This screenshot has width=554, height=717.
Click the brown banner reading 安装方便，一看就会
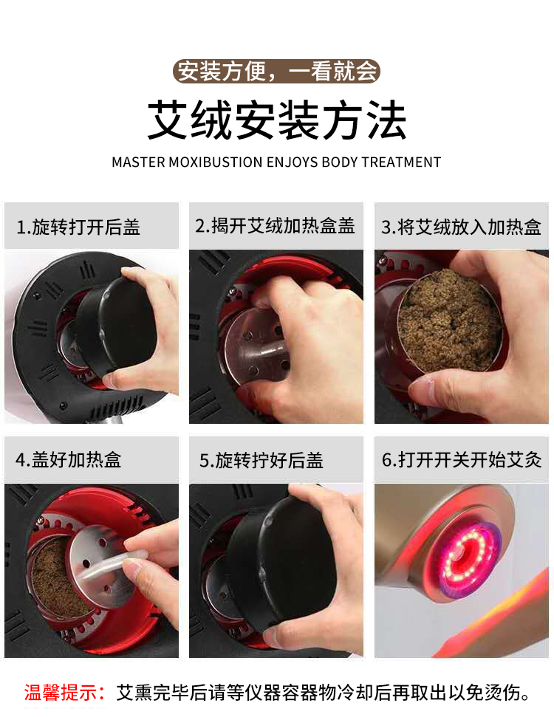(x=276, y=72)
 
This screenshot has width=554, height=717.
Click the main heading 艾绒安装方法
(x=277, y=120)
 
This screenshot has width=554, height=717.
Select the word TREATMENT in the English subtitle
(x=401, y=162)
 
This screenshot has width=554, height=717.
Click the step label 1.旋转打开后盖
(x=78, y=227)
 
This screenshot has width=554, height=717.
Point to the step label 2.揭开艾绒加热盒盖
(x=275, y=226)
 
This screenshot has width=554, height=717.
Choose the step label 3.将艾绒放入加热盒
(x=461, y=227)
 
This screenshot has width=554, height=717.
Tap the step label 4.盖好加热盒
(x=69, y=459)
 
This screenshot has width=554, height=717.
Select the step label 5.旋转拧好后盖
(x=261, y=460)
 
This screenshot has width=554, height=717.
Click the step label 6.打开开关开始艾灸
(x=462, y=459)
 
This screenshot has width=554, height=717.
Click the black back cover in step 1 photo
(x=115, y=326)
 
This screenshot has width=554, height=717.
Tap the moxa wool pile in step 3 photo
(x=450, y=320)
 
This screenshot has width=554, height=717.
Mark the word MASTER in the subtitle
(x=138, y=162)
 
